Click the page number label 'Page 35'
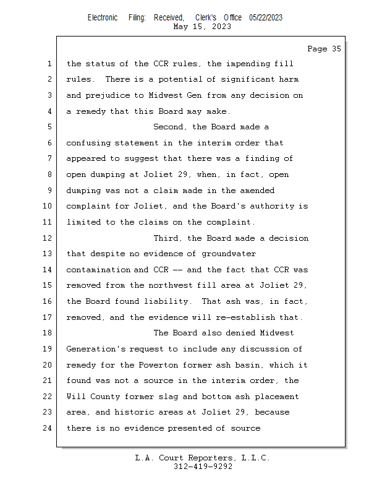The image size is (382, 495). tap(324, 49)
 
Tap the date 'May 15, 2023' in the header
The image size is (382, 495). tap(203, 27)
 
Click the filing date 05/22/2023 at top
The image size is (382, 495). tap(266, 18)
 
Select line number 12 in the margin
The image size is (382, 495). tap(49, 238)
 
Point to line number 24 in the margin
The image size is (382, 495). tap(49, 428)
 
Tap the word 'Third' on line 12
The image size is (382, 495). tap(167, 238)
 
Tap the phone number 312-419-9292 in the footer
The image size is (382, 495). tap(203, 467)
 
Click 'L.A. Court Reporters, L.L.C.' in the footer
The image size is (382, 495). tap(203, 458)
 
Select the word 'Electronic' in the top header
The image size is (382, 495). tap(103, 18)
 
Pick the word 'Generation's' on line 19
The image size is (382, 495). tap(95, 349)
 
